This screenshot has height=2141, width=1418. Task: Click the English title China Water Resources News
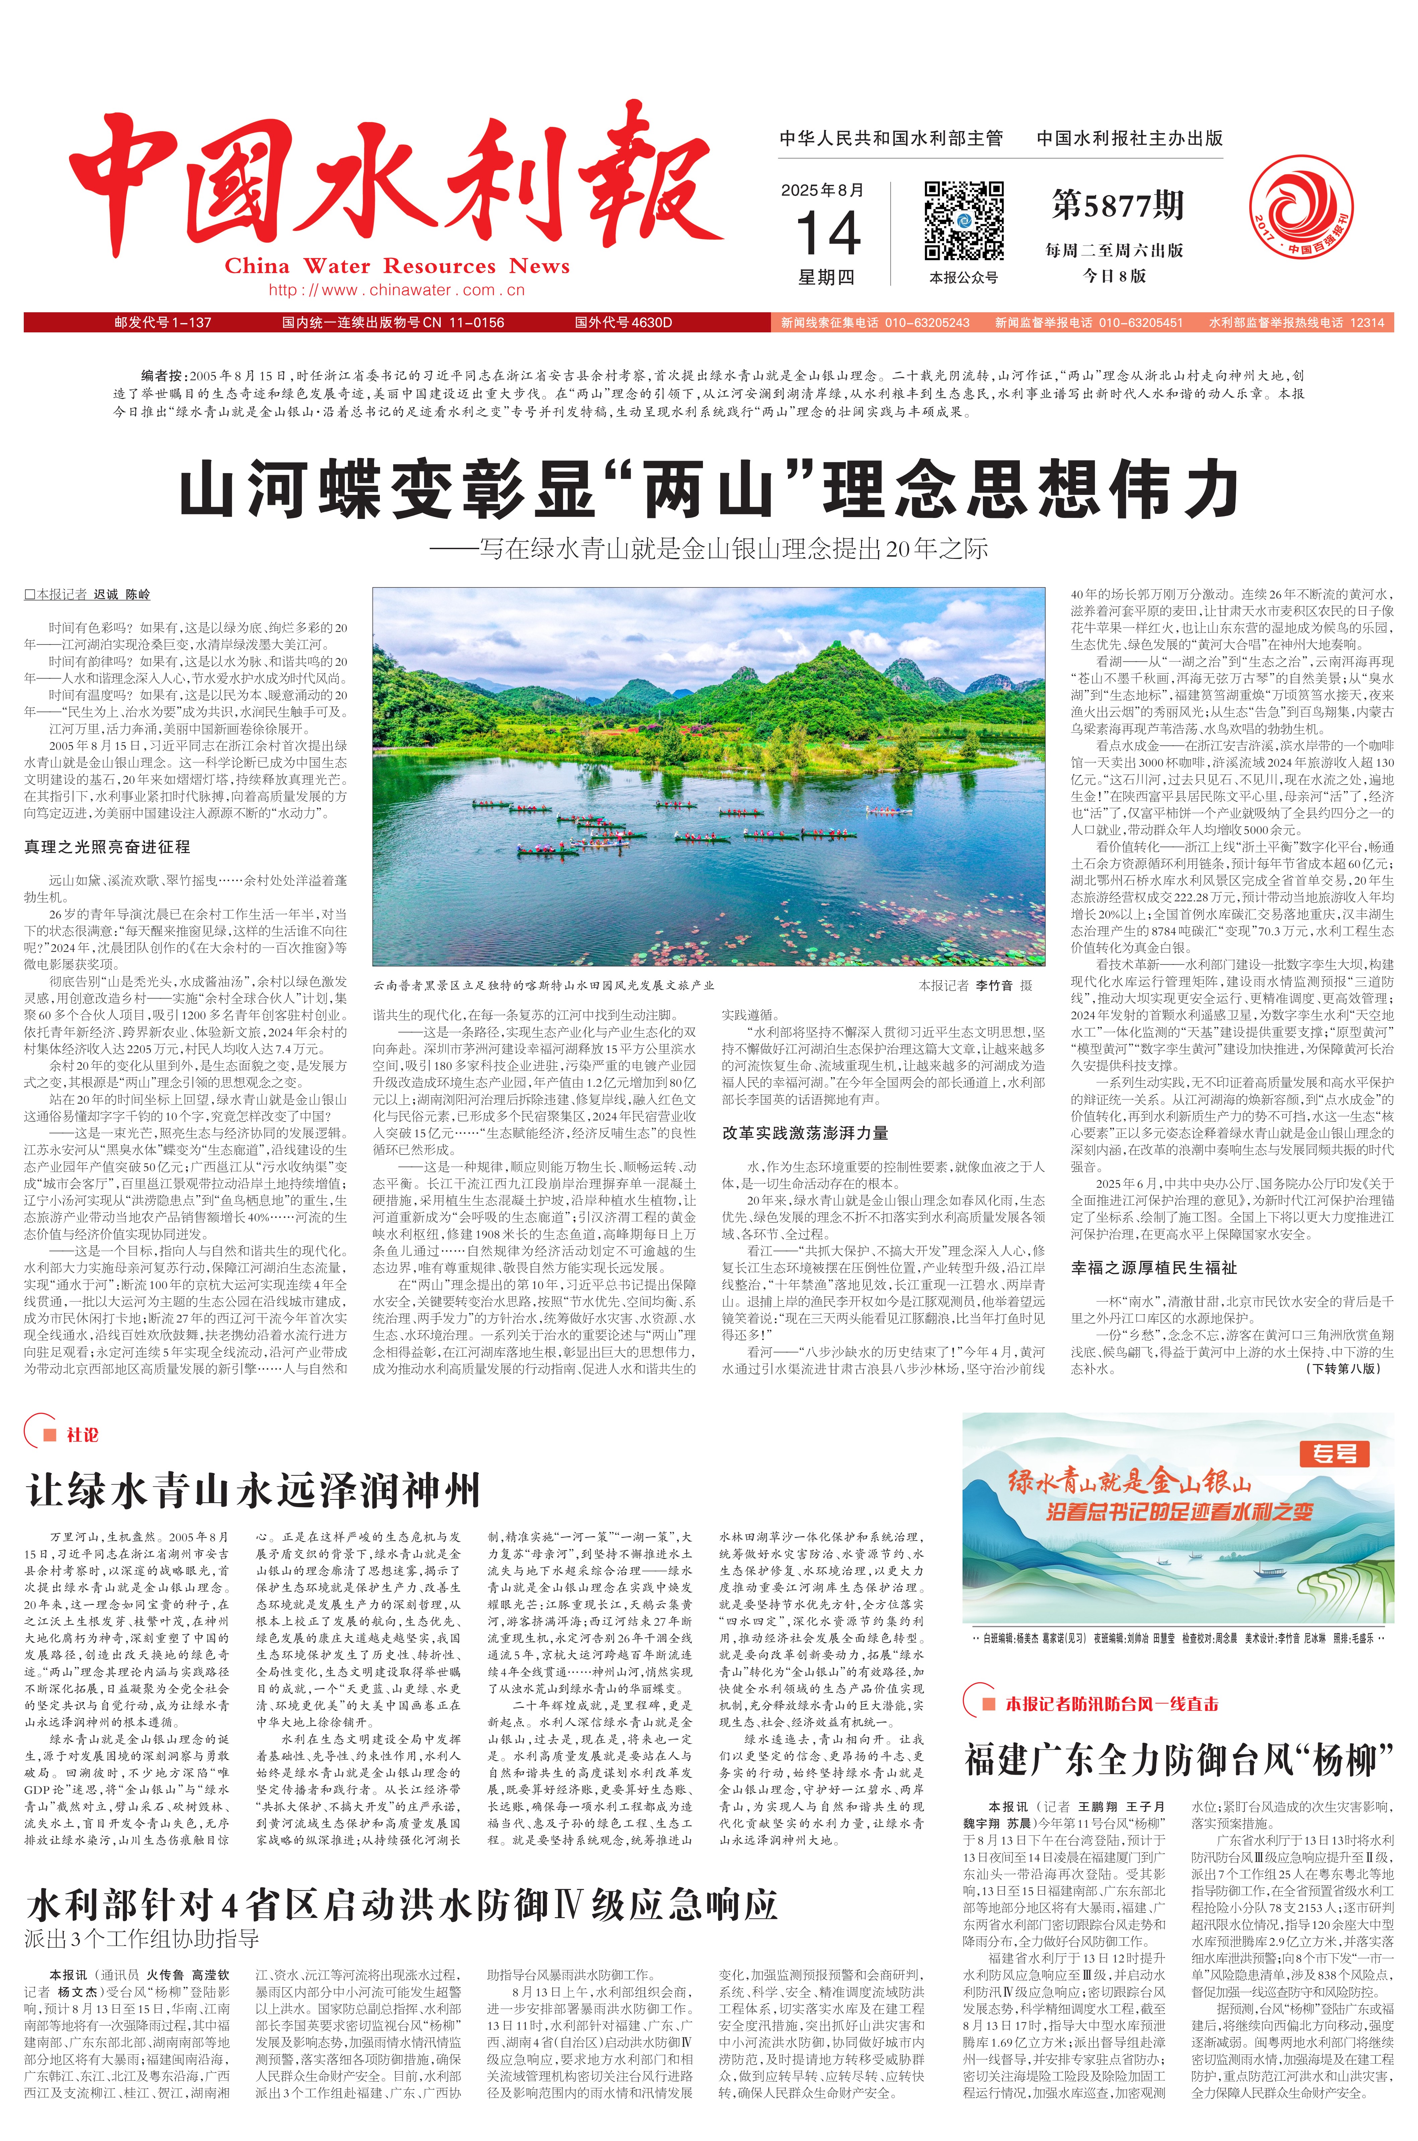coord(397,266)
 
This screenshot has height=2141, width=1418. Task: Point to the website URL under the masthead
coord(397,290)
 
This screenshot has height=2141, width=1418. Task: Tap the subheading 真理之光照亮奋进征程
coord(107,847)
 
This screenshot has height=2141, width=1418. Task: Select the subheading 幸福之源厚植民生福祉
coord(1153,1268)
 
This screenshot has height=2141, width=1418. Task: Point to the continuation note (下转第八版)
coord(1343,1369)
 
